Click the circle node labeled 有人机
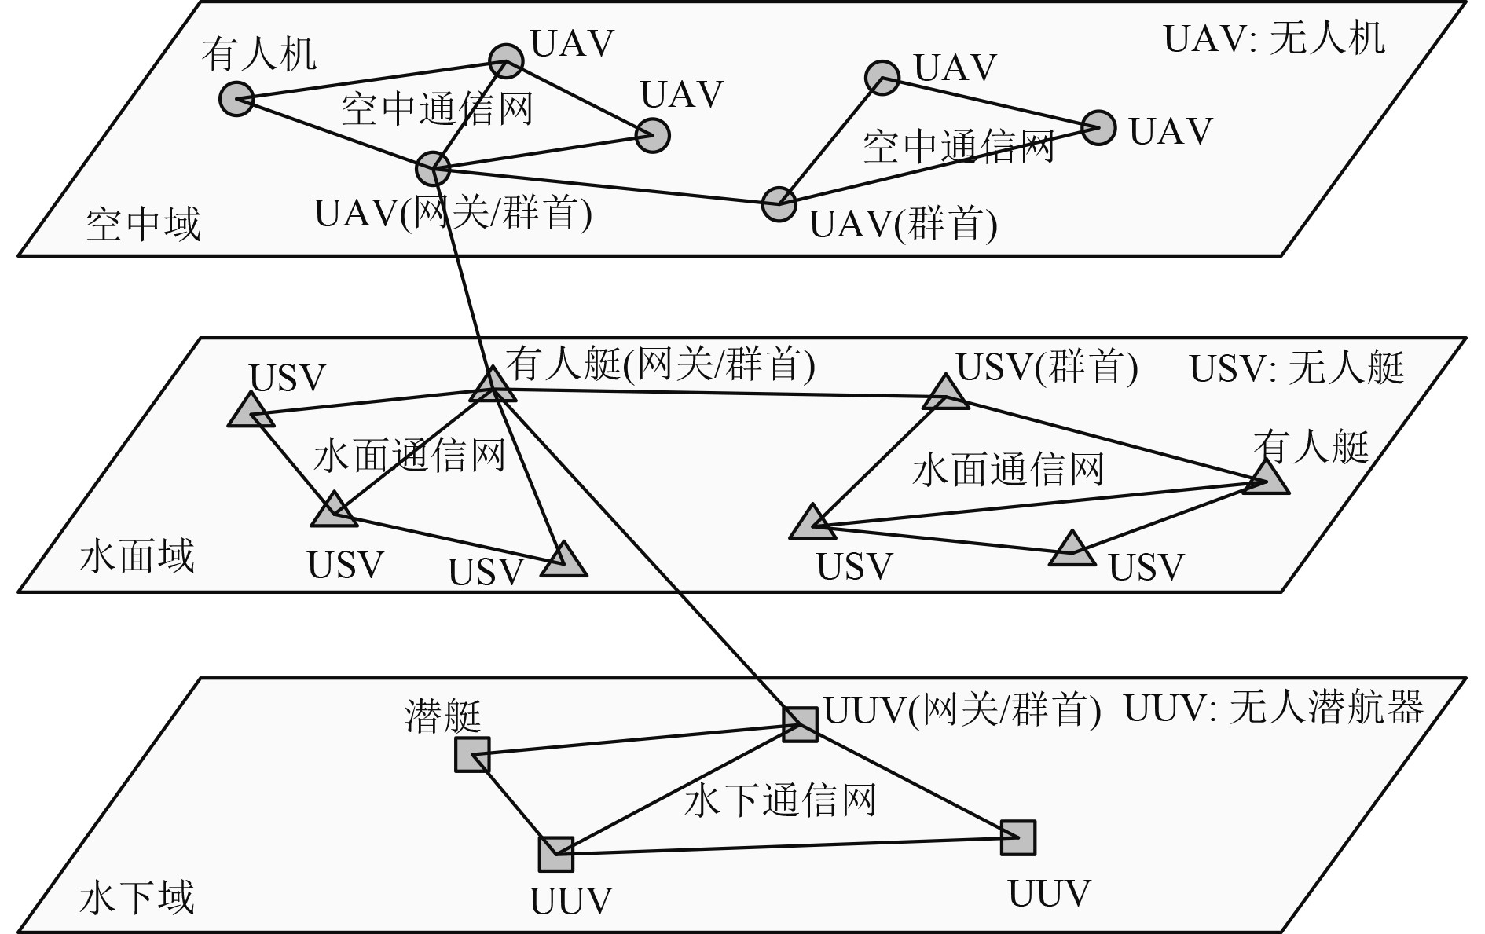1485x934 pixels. [236, 99]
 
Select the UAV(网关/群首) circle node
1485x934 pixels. [432, 168]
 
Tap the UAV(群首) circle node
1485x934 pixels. [779, 204]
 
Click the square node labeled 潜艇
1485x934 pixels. [472, 755]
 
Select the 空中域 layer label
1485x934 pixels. [143, 224]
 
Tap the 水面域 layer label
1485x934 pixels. [137, 557]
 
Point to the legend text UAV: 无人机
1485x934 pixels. [1274, 38]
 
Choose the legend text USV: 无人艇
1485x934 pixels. [1296, 368]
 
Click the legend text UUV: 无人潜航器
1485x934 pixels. [1273, 709]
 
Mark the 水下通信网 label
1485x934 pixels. [780, 801]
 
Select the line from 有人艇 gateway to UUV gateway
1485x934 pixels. [644, 554]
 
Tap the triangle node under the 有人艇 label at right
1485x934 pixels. [1266, 479]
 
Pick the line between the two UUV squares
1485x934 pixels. [786, 846]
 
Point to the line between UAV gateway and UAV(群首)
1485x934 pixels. [605, 186]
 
